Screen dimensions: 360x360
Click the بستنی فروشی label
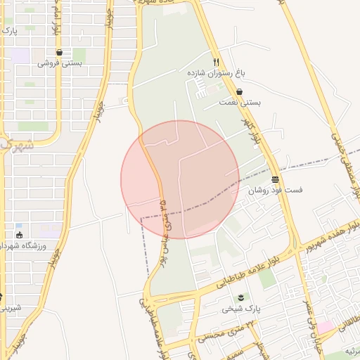pyautogui.click(x=59, y=63)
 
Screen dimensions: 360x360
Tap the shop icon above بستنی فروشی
pyautogui.click(x=59, y=52)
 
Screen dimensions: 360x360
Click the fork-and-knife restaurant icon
pyautogui.click(x=216, y=62)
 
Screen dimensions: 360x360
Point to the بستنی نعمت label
pyautogui.click(x=240, y=103)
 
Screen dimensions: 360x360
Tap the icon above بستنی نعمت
pyautogui.click(x=240, y=91)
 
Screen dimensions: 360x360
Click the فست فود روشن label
pyautogui.click(x=274, y=190)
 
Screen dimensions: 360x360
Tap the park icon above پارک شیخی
pyautogui.click(x=242, y=298)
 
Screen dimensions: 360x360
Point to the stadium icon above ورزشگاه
pyautogui.click(x=18, y=234)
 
